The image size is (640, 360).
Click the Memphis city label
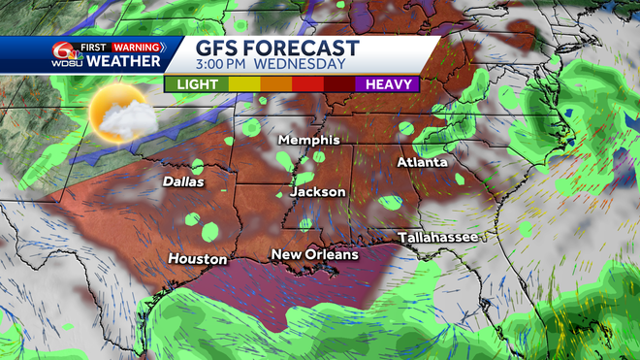click(x=308, y=141)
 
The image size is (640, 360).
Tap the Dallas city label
click(x=184, y=181)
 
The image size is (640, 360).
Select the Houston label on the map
click(x=198, y=259)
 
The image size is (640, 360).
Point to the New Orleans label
click(x=314, y=255)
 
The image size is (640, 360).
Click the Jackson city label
click(x=318, y=192)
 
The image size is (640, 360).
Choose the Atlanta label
click(x=422, y=162)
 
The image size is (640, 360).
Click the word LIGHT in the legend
click(x=197, y=84)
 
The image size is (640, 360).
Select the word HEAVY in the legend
click(x=388, y=84)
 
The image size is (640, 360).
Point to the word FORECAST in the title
click(x=304, y=49)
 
